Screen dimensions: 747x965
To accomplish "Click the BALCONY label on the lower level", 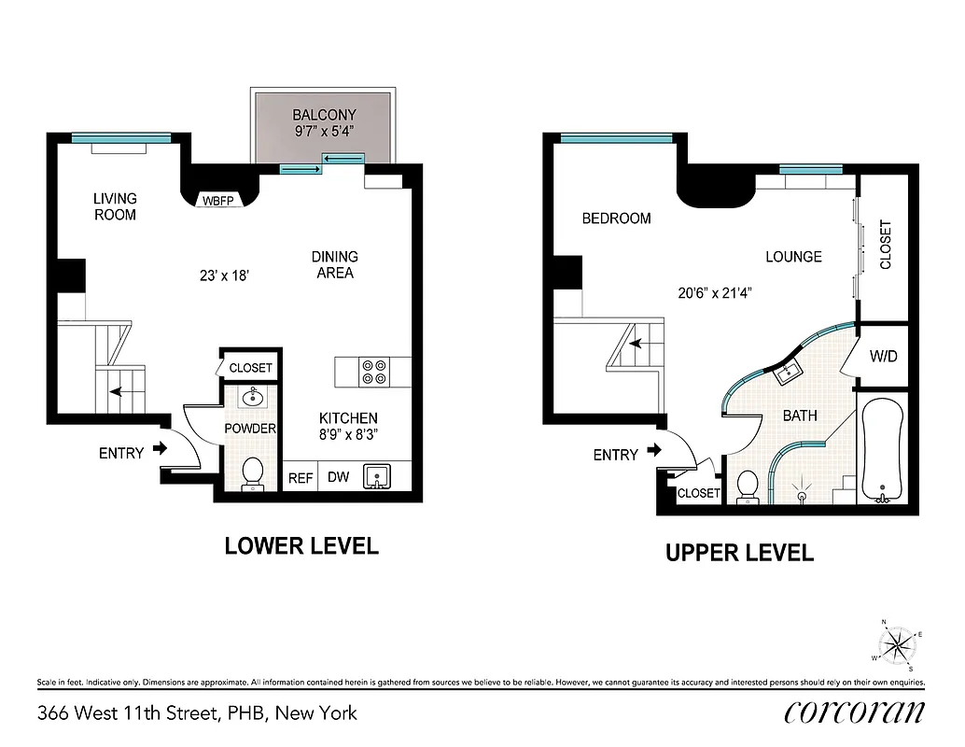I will click(x=324, y=116).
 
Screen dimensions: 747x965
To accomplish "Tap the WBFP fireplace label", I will click(x=219, y=201).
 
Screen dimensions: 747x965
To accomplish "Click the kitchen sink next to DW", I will click(x=379, y=476).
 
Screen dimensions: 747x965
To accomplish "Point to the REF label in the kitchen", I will click(x=300, y=477).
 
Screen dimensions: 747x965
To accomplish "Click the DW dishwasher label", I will click(x=338, y=477).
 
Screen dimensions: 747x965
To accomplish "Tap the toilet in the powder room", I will click(x=252, y=474).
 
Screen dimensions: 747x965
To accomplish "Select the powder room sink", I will click(x=251, y=398).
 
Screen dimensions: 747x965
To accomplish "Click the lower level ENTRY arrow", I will click(x=160, y=449).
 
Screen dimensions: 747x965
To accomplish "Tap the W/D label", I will click(x=883, y=356).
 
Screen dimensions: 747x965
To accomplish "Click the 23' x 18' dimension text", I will click(x=224, y=276).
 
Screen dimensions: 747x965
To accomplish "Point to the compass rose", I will click(x=898, y=644).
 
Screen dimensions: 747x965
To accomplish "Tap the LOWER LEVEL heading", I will click(x=301, y=546).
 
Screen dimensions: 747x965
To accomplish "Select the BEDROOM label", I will click(x=616, y=218).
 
